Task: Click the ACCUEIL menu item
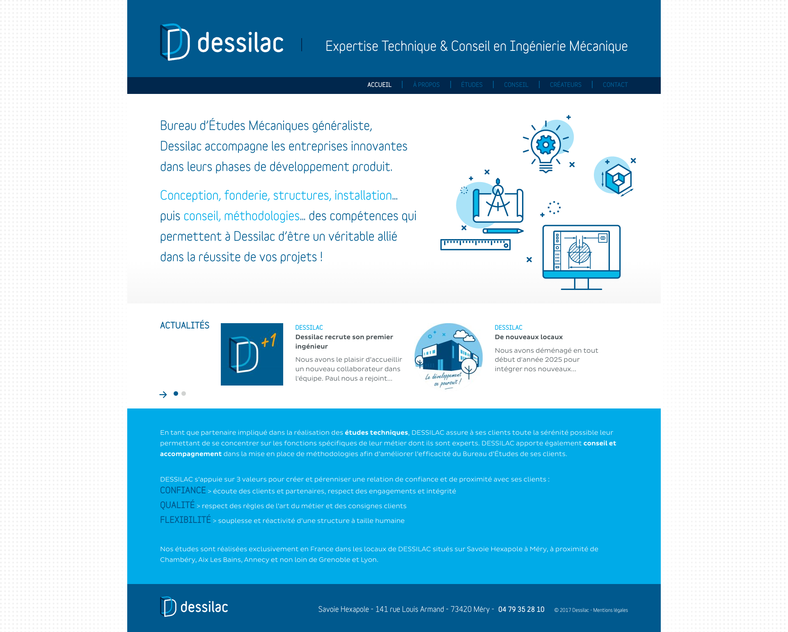(x=379, y=85)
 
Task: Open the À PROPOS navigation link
(x=426, y=85)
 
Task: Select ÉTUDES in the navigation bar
(x=472, y=85)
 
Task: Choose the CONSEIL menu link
(x=516, y=85)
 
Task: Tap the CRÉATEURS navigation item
(x=566, y=85)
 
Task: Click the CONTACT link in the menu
(x=615, y=85)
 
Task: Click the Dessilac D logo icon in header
(x=175, y=42)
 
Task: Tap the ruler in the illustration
(x=475, y=244)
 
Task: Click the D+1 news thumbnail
(x=252, y=354)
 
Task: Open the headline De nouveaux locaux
(x=529, y=337)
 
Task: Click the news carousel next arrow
(x=163, y=395)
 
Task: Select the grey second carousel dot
(x=184, y=394)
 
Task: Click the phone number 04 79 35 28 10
(x=521, y=609)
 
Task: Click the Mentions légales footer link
(x=610, y=610)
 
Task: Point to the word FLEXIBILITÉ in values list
(x=185, y=520)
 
